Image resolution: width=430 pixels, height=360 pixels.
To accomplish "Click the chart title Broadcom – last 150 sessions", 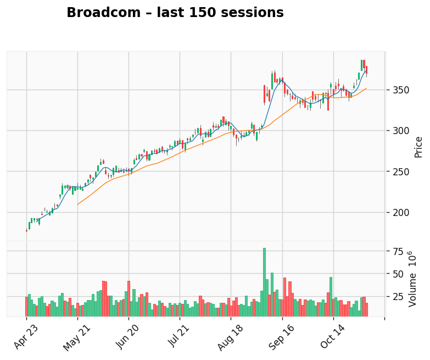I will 175,13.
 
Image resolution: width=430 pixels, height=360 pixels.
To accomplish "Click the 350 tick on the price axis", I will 399,90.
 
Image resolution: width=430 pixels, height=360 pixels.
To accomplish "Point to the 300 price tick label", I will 399,131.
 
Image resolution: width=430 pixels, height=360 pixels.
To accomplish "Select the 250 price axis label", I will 399,171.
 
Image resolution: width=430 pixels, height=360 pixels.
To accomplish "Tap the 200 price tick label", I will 399,212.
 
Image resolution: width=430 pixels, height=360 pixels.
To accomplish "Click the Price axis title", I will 418,147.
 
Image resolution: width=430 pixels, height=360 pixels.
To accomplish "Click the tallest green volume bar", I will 264,282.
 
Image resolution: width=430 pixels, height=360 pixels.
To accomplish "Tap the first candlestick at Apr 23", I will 26,231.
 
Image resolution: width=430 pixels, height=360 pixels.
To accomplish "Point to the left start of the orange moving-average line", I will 77,204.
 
